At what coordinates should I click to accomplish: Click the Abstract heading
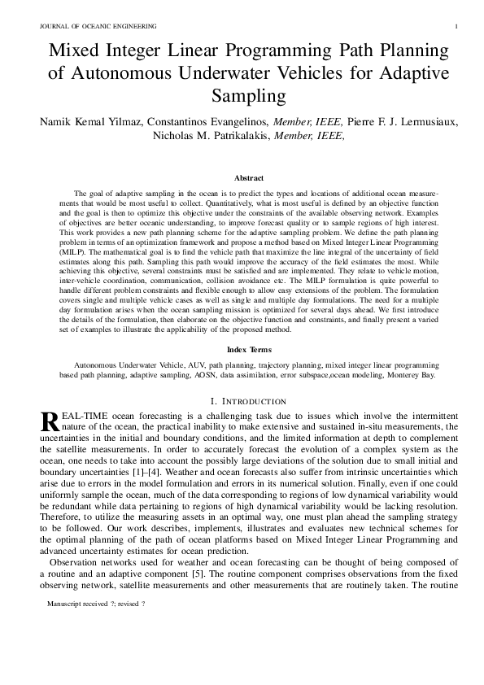point(248,177)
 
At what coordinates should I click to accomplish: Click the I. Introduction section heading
point(248,401)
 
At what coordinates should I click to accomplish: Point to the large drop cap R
point(49,421)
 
